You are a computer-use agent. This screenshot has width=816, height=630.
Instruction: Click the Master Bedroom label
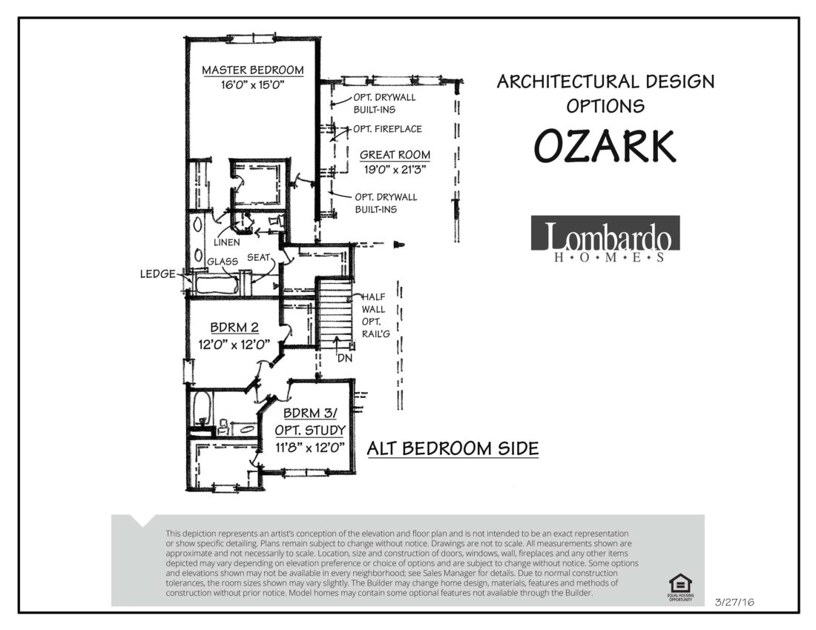click(253, 70)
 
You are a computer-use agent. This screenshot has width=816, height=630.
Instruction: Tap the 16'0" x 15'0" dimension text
click(254, 84)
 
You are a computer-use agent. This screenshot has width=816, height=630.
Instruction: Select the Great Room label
click(395, 154)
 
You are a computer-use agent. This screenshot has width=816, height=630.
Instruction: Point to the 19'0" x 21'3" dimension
click(395, 170)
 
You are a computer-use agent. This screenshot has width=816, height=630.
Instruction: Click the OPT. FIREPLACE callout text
click(388, 129)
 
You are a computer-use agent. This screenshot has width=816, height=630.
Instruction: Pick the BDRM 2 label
click(234, 328)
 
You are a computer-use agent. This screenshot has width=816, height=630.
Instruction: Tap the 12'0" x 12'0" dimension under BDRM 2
click(234, 344)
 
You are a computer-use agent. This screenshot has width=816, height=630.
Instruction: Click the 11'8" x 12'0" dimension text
click(310, 447)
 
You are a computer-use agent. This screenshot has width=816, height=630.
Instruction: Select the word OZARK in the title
click(605, 146)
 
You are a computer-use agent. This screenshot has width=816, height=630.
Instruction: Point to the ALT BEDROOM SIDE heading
click(453, 448)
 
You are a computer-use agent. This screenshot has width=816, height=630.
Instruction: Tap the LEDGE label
click(158, 274)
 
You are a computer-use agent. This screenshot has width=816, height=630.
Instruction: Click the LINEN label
click(227, 242)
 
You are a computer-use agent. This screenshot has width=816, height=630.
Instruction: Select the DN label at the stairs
click(344, 358)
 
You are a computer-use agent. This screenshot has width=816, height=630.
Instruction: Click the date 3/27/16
click(734, 603)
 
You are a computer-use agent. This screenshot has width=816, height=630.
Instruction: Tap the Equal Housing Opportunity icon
click(680, 587)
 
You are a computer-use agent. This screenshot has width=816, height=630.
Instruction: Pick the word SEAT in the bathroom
click(259, 257)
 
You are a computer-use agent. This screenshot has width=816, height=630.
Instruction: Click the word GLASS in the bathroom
click(223, 262)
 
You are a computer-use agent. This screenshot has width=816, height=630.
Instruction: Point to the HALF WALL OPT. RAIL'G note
click(376, 315)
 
